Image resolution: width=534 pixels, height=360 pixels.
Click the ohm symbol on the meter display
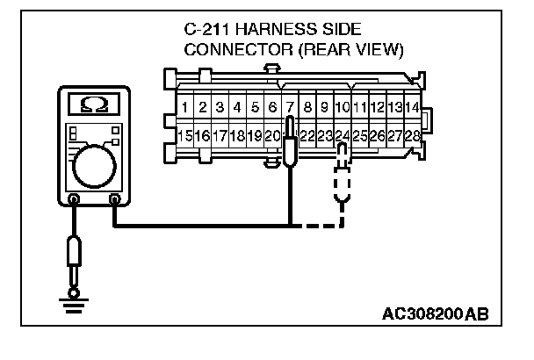[94, 104]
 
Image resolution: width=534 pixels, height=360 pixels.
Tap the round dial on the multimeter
[94, 166]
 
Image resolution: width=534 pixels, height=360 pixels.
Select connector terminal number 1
[185, 107]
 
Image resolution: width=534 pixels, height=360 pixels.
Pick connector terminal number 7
[290, 107]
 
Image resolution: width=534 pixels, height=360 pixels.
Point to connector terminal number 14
[412, 107]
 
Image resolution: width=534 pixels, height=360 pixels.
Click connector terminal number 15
[185, 136]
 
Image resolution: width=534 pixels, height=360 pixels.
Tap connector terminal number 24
[343, 136]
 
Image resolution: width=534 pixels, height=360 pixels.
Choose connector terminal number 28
[412, 136]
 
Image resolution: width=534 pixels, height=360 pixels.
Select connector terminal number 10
[343, 107]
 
